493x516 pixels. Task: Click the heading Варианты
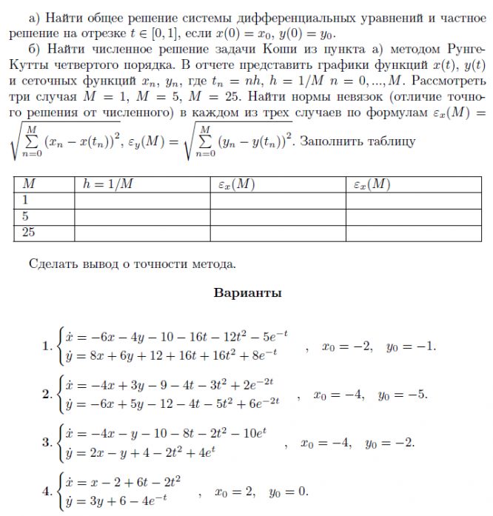(247, 292)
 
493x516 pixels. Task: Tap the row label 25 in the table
(30, 233)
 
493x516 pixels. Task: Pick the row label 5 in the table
(26, 216)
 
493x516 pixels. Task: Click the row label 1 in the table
(26, 200)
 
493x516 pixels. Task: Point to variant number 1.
(48, 345)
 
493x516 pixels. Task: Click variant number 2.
(48, 394)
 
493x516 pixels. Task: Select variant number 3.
(48, 443)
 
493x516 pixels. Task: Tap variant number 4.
(48, 491)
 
